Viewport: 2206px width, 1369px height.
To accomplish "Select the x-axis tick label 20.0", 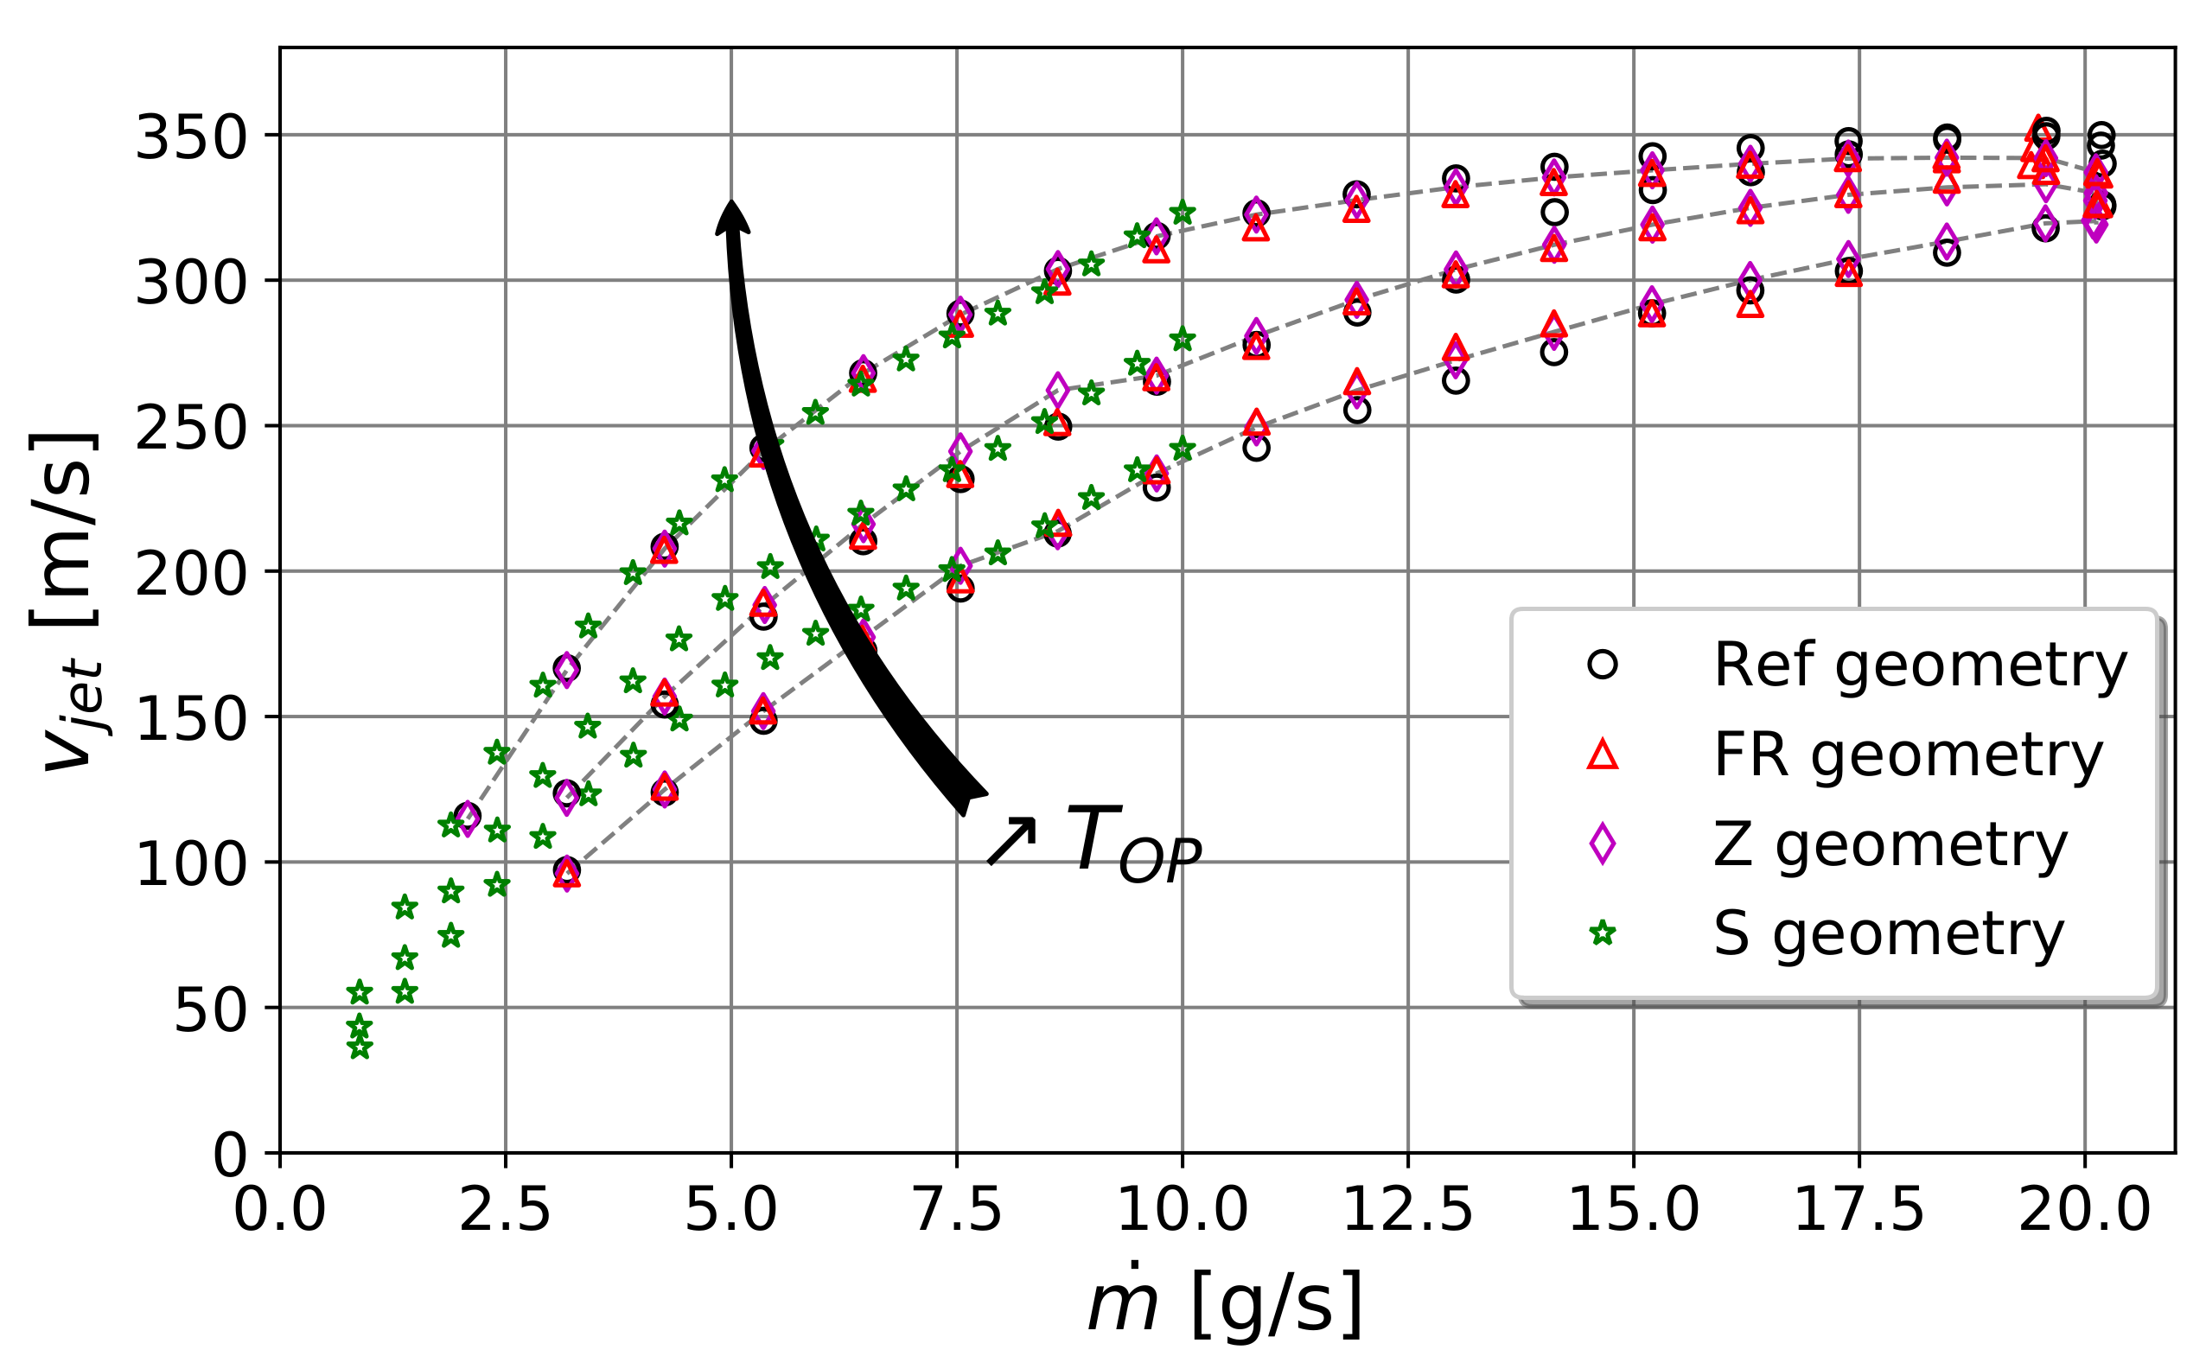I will [2084, 1212].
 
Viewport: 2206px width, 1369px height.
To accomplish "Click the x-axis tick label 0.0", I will [279, 1212].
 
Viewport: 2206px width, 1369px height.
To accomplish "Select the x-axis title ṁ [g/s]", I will [1224, 1306].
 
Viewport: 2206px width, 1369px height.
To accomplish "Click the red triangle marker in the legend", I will [1602, 755].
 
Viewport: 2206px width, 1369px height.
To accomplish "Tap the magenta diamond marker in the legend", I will [1602, 844].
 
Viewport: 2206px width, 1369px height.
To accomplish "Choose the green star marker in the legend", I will [1602, 933].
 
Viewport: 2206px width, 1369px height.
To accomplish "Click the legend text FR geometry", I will [1907, 755].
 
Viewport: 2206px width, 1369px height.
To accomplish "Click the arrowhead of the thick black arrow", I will [731, 215].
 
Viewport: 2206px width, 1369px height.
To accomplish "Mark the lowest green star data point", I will [360, 1048].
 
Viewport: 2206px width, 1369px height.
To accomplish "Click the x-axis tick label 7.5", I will [957, 1212].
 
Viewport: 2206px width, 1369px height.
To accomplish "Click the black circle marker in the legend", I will [1602, 665].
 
